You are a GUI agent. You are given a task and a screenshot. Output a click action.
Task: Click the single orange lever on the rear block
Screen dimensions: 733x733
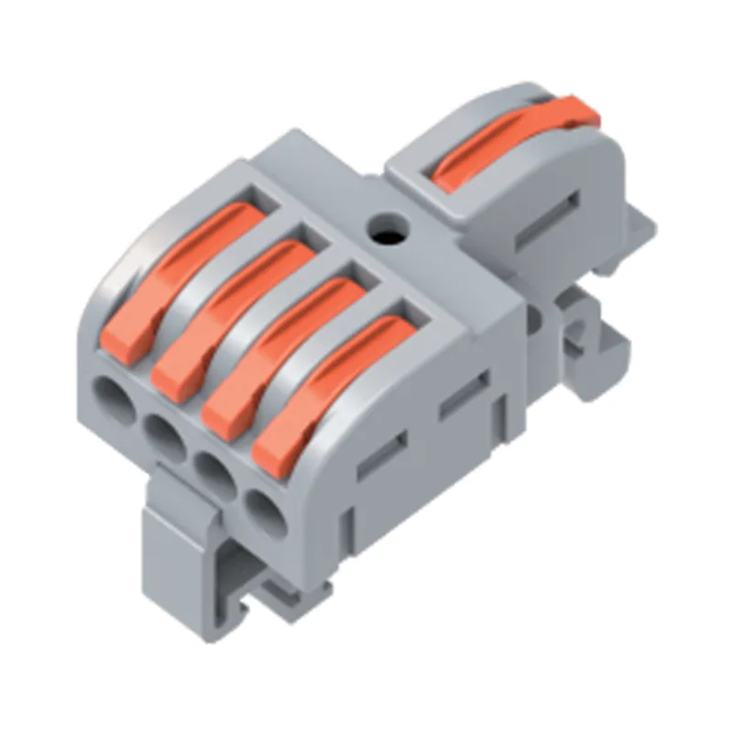tap(513, 137)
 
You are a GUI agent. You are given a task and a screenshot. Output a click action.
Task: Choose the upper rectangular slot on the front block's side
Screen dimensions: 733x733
tap(464, 395)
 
